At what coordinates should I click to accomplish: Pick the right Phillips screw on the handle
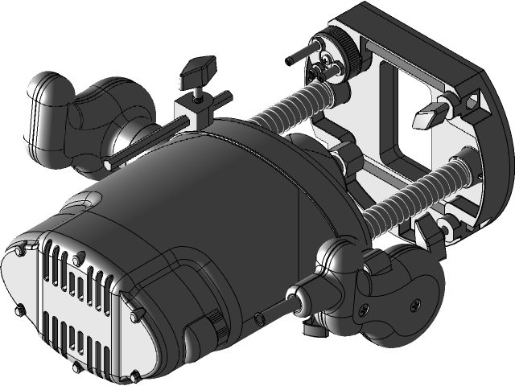click(414, 304)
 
